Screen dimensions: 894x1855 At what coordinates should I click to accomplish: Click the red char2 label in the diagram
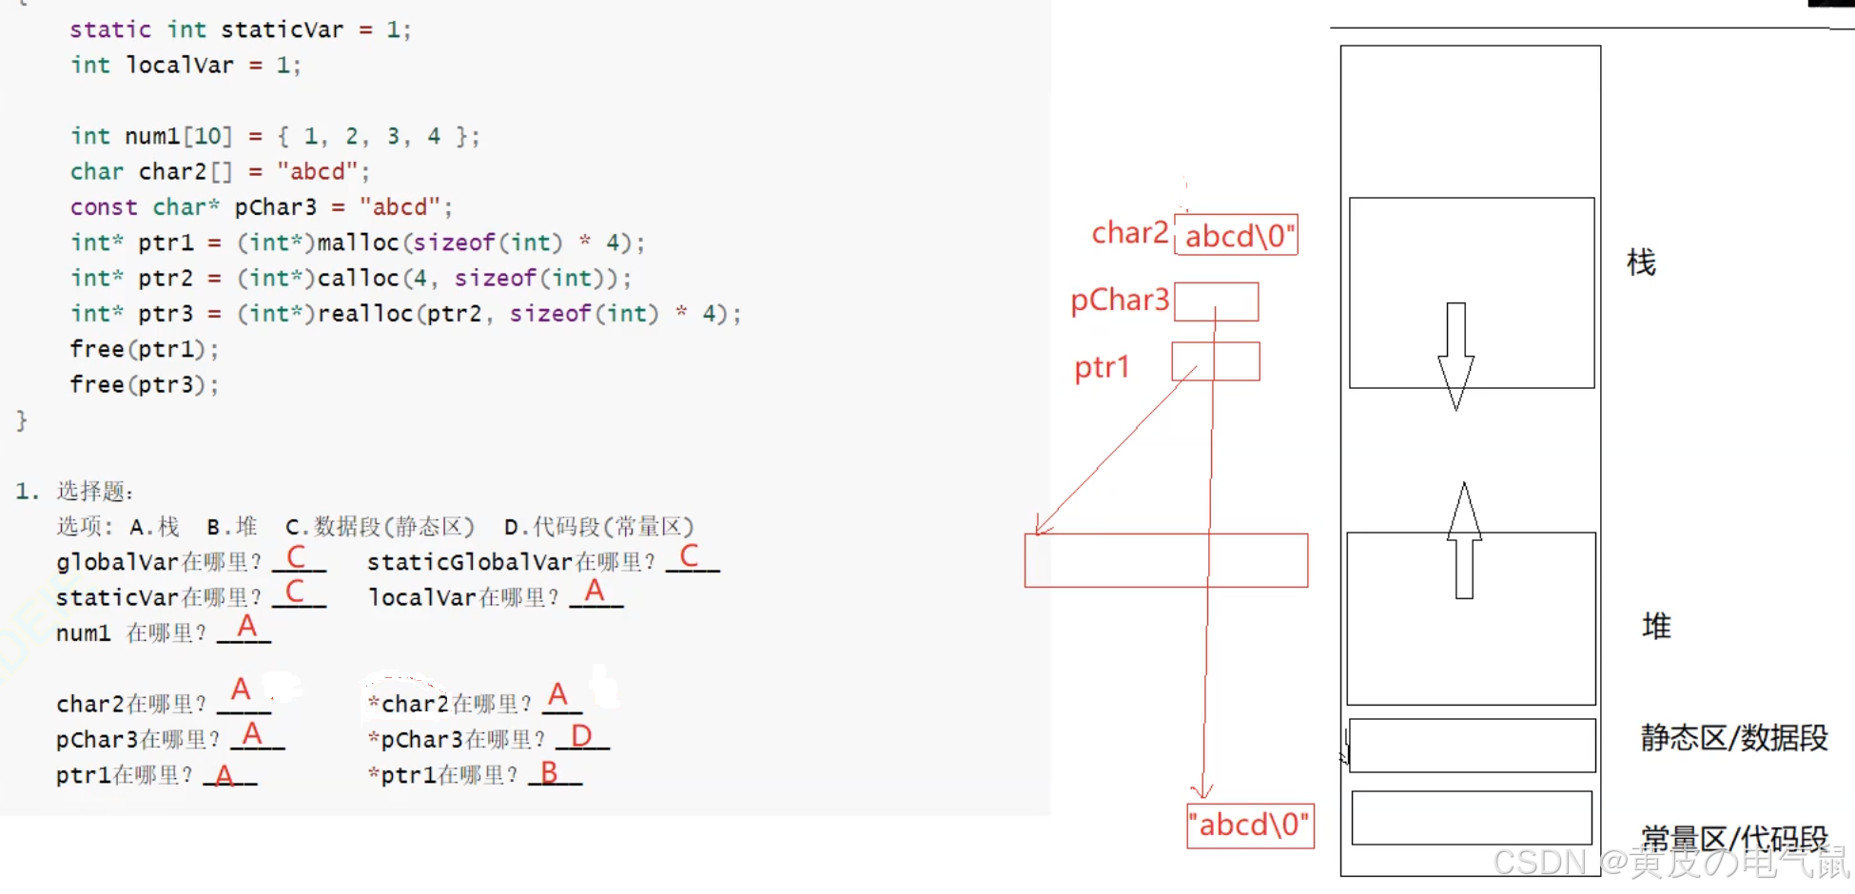(1129, 233)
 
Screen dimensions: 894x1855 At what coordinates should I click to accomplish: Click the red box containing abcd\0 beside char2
(1237, 236)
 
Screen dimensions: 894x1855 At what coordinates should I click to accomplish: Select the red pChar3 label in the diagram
(1120, 301)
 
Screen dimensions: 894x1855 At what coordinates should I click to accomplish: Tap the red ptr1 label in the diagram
(1102, 367)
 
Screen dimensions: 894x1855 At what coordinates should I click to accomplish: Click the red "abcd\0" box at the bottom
(1250, 825)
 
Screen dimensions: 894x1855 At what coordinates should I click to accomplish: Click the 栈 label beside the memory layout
(1641, 262)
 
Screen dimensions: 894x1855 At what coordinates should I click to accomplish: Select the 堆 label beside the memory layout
(1656, 626)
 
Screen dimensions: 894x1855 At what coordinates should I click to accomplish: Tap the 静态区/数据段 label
(1733, 738)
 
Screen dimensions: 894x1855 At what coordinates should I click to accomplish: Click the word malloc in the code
(358, 243)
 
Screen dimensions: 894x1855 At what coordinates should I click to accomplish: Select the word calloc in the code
(358, 279)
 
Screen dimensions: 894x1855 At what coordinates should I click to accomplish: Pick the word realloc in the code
(364, 314)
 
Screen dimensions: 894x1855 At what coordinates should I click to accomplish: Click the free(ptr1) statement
(144, 350)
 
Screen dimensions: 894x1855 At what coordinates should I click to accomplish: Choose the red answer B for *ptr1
(549, 772)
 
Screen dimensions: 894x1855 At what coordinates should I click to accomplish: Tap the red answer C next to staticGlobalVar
(690, 556)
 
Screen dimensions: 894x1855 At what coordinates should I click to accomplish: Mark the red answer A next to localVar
(595, 592)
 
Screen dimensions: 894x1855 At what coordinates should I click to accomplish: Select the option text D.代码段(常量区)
(598, 527)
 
